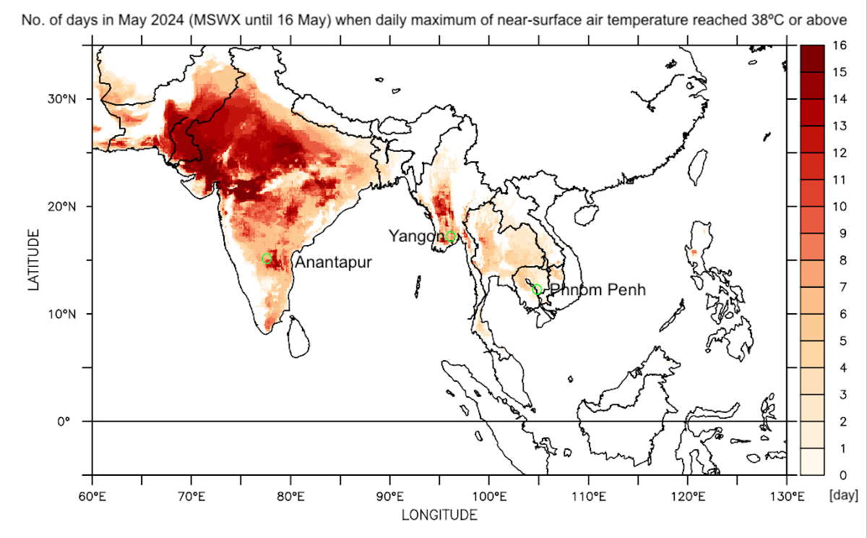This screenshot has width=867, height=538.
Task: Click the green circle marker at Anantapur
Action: pos(267,259)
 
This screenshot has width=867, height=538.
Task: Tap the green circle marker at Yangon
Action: pos(451,236)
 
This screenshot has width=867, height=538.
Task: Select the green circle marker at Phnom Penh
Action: pos(537,289)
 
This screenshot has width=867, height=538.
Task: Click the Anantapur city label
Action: pos(333,262)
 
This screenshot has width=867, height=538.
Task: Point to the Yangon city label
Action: pos(415,236)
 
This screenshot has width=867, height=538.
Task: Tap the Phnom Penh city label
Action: pos(597,291)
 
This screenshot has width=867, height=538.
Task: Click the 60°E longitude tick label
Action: pos(92,498)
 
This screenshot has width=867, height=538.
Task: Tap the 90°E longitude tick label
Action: pos(390,498)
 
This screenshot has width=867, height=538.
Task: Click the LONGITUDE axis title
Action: pos(439,515)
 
